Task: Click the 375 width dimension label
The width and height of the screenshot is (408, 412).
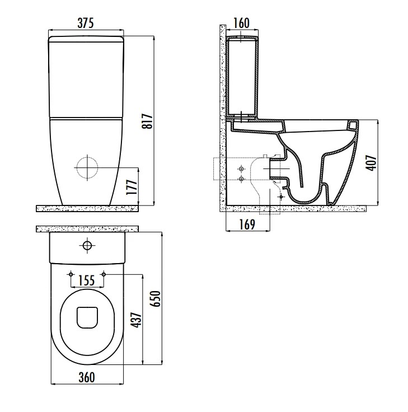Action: coord(86,23)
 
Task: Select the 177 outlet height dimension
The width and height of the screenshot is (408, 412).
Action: coord(132,186)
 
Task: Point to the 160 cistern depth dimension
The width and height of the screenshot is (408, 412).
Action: coord(241,23)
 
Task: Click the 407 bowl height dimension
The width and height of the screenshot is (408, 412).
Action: coord(372,163)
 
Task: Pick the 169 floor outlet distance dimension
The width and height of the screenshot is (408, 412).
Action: coord(247,224)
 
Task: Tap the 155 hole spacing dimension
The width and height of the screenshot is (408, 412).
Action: coord(87,280)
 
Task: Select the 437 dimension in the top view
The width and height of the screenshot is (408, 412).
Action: coord(137,320)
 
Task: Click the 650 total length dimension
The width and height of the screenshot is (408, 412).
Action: coord(155,298)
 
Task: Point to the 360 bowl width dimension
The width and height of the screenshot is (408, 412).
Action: coord(87,377)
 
